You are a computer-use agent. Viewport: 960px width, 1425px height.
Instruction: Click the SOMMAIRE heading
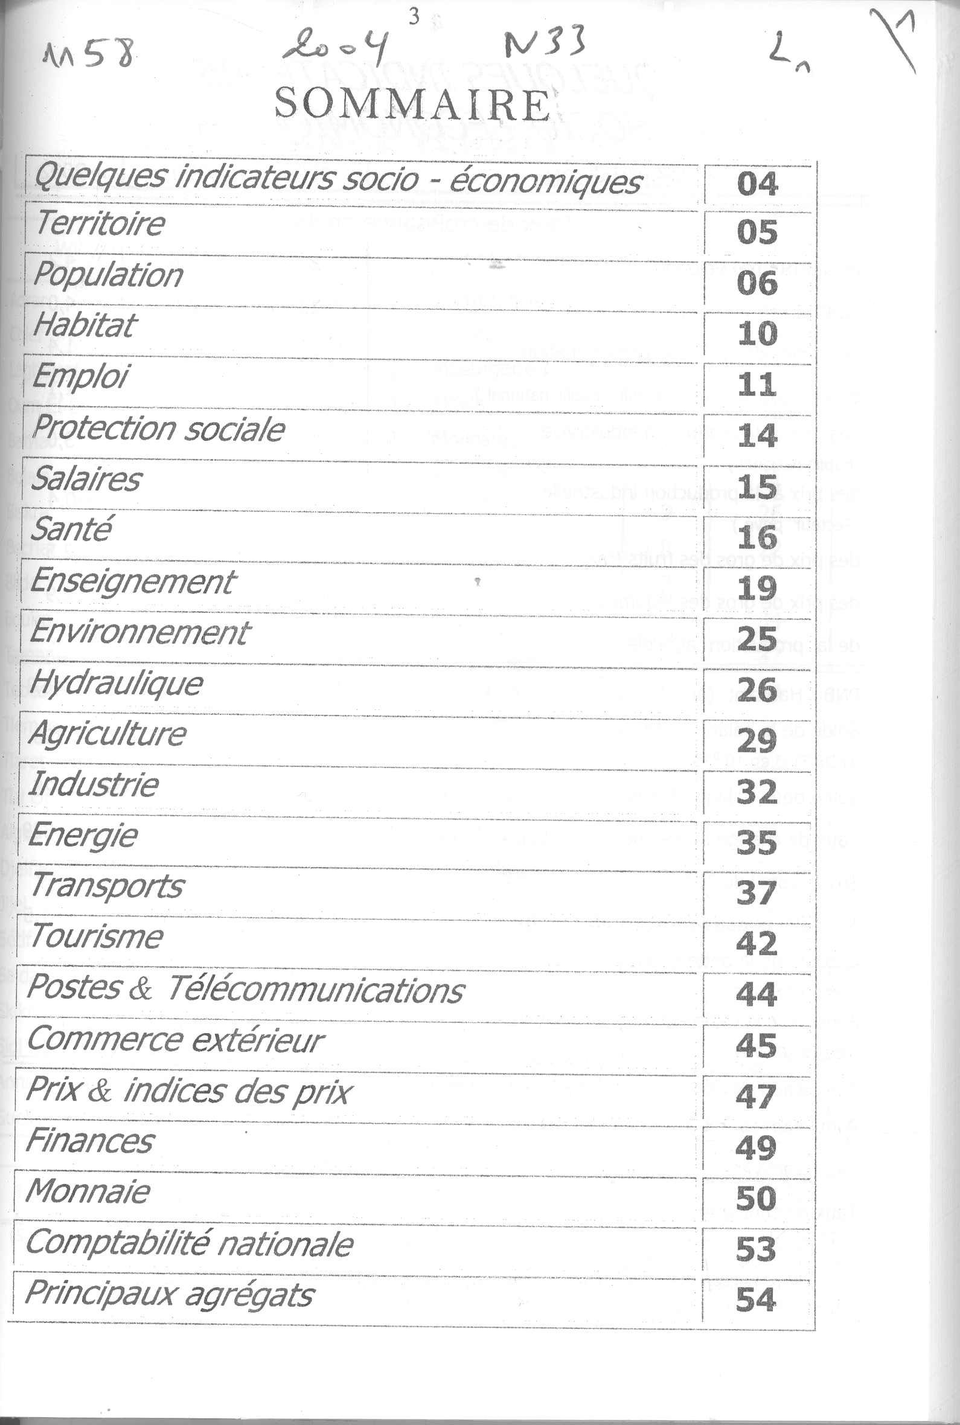coord(412,104)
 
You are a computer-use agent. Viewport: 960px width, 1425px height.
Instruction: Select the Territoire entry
coord(100,223)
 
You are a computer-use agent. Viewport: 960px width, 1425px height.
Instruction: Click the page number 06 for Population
coord(757,283)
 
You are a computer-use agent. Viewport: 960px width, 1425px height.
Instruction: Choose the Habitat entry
coord(85,325)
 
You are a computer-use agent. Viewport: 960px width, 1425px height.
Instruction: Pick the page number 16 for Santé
coord(757,537)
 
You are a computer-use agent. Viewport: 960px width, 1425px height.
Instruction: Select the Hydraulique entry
coord(116,683)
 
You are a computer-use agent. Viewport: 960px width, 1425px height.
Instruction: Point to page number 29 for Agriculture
coord(757,741)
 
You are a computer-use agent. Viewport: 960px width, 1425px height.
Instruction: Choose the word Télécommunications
coord(316,989)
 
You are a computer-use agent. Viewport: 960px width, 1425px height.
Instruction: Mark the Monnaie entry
coord(88,1191)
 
